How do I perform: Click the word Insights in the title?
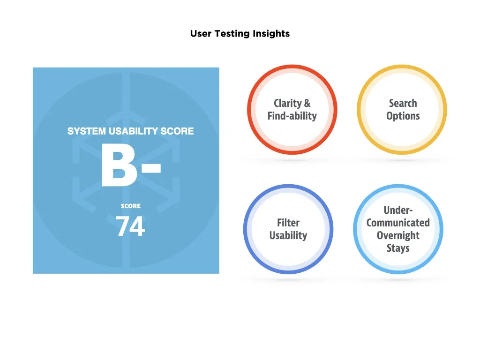271,34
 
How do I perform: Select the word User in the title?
201,34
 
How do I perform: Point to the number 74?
130,226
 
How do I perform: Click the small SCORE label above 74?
130,206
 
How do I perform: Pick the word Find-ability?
292,116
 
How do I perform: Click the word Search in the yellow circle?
403,104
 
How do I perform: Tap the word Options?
403,116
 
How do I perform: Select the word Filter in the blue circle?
288,223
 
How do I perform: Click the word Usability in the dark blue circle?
288,235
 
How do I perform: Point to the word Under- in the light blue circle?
398,210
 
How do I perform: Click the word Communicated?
398,223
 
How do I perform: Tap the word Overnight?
398,235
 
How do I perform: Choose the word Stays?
398,248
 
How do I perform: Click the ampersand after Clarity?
307,104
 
